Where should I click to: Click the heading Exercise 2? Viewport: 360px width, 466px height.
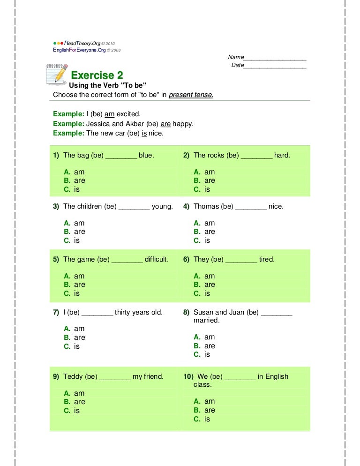point(97,75)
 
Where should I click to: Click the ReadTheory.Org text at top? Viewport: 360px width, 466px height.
point(82,44)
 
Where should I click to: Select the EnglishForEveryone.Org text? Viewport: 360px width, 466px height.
point(79,50)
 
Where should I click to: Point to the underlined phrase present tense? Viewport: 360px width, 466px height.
point(191,95)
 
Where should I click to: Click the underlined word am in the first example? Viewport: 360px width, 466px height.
point(109,114)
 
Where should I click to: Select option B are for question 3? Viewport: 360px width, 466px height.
point(75,232)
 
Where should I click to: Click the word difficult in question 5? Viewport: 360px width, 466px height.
point(157,259)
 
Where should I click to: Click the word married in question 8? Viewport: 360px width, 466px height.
point(206,321)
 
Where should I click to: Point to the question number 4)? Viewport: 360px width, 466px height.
point(186,206)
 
